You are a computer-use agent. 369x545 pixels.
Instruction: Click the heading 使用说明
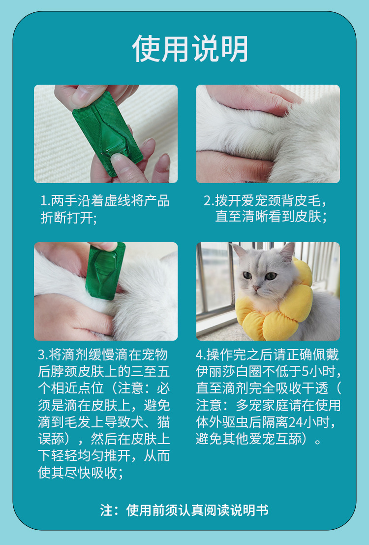coord(190,49)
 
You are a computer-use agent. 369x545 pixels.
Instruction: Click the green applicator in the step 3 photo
coord(105,271)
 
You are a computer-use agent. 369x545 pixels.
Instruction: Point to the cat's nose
coord(255,288)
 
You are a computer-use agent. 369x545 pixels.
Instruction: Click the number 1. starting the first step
coord(46,201)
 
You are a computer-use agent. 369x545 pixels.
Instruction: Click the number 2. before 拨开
coord(209,201)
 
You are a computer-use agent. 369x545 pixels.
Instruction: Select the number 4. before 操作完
coord(201,355)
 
